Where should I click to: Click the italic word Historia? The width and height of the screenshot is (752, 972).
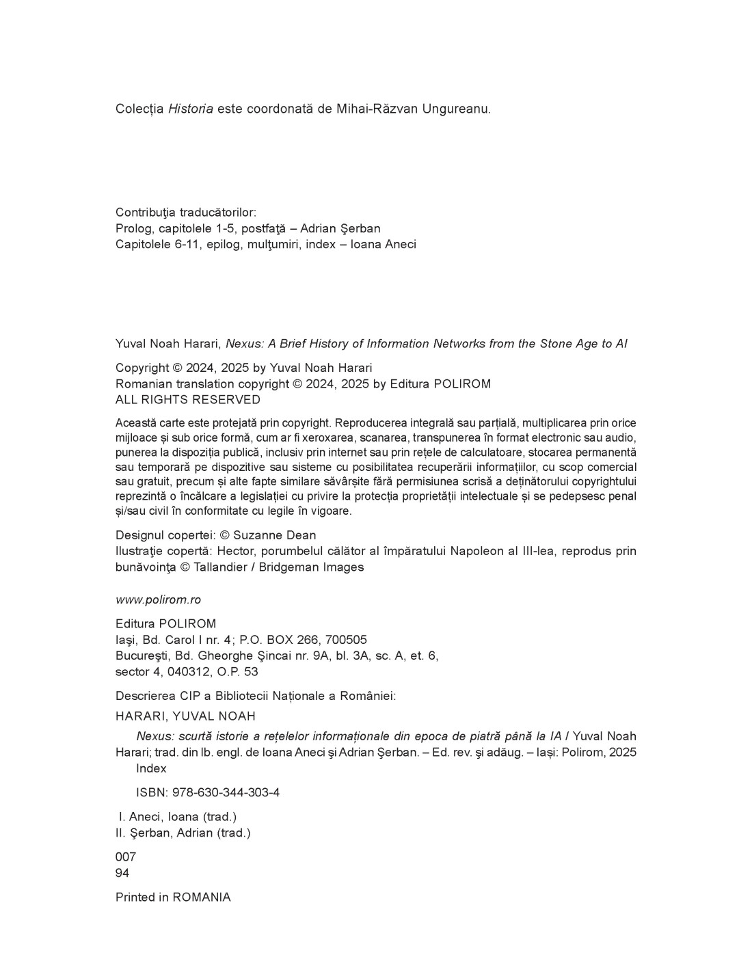tap(191, 109)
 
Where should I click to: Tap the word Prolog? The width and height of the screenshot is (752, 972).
tap(135, 228)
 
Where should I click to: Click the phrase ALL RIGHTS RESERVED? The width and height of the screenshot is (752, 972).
tap(188, 400)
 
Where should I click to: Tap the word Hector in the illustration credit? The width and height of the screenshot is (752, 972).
tap(198, 551)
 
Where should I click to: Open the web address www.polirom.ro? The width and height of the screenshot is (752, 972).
tap(158, 599)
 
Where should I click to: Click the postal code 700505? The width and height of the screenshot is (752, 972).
tap(346, 640)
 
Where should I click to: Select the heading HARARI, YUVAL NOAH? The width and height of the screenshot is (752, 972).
tap(185, 716)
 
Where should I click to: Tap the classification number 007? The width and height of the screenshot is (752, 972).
tap(126, 857)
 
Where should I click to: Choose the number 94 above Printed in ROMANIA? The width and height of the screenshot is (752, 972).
tap(122, 873)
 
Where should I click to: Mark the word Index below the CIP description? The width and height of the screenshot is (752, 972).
tap(151, 768)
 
